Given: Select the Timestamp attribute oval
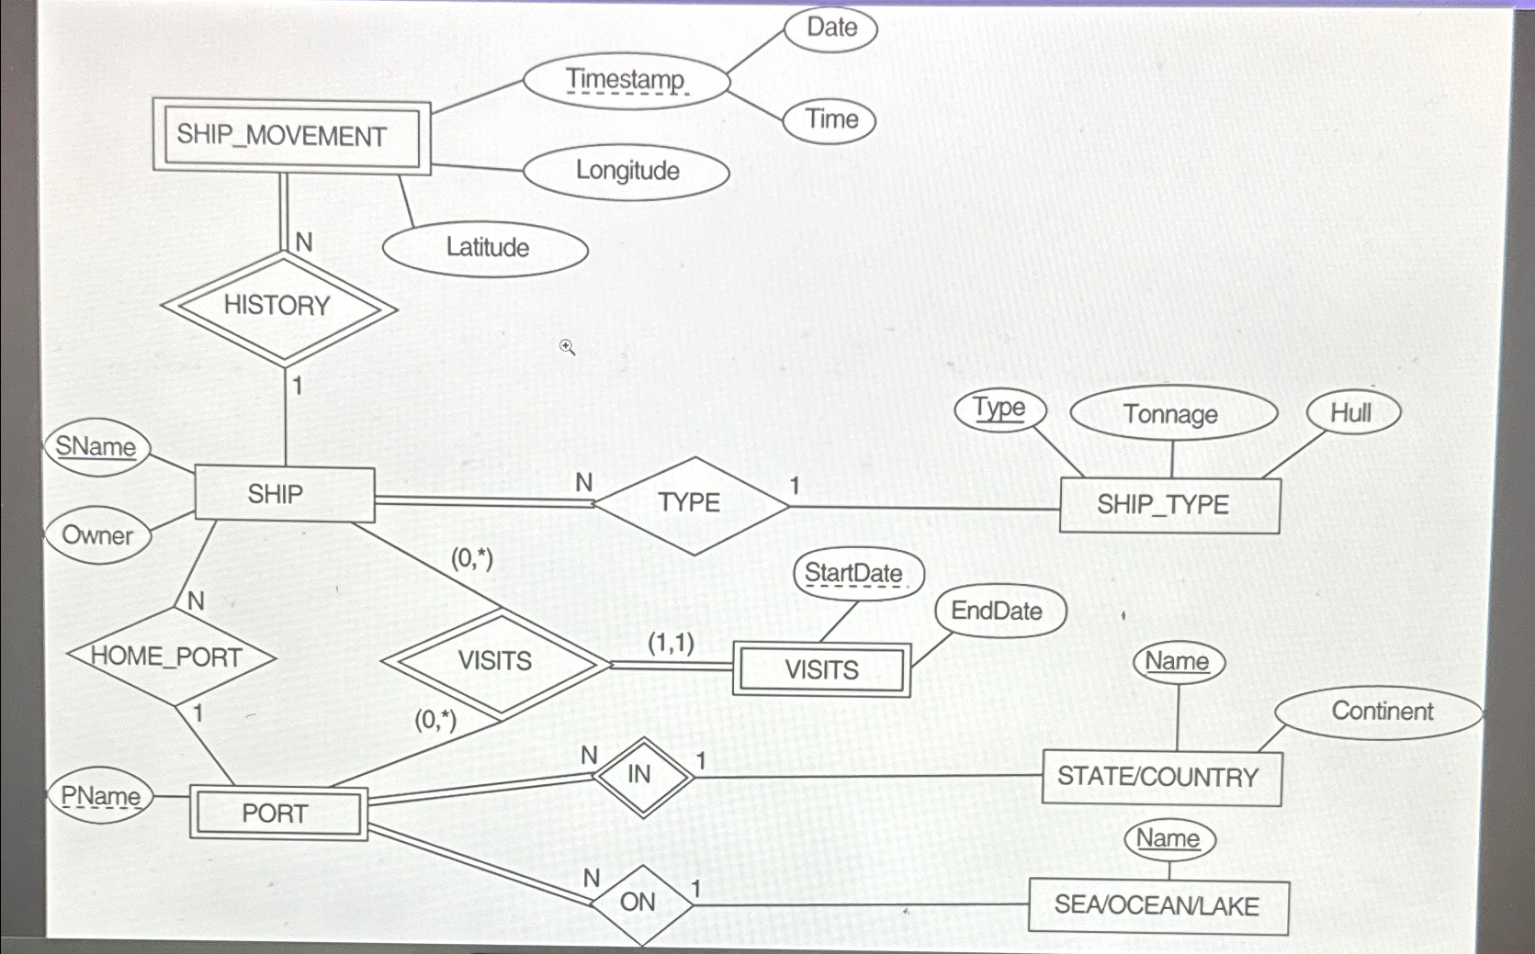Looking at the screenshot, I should pyautogui.click(x=626, y=81).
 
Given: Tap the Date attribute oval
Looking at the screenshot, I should pyautogui.click(x=831, y=28).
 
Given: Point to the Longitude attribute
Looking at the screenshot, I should pyautogui.click(x=626, y=171).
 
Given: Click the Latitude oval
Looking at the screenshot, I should pyautogui.click(x=485, y=248).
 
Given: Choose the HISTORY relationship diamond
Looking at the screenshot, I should pyautogui.click(x=277, y=307).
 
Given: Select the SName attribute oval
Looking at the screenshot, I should pyautogui.click(x=96, y=447).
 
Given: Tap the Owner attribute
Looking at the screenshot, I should pyautogui.click(x=97, y=534).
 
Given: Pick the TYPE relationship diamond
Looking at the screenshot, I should pyautogui.click(x=690, y=503).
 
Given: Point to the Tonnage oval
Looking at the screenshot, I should pyautogui.click(x=1172, y=414).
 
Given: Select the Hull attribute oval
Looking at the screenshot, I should pyautogui.click(x=1352, y=413).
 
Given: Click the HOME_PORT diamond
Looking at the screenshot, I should pyautogui.click(x=169, y=657).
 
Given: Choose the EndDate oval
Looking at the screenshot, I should pyautogui.click(x=999, y=611).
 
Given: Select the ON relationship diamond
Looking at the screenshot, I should pyautogui.click(x=639, y=903).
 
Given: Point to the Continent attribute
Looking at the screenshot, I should pyautogui.click(x=1381, y=712).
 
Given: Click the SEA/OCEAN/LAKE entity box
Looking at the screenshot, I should pyautogui.click(x=1157, y=906).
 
